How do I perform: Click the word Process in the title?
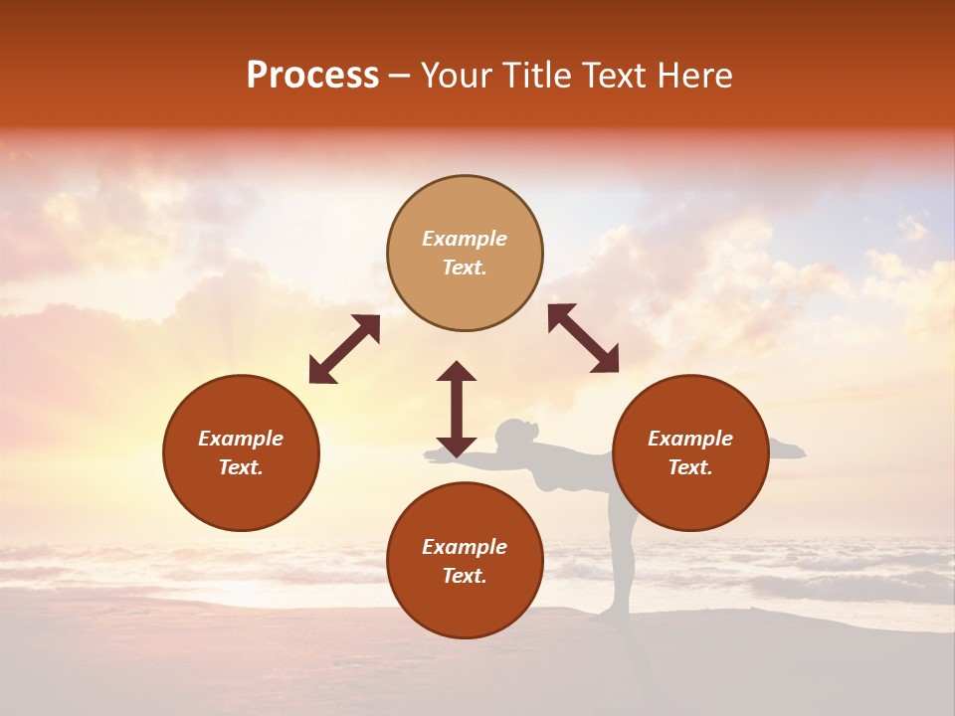[312, 76]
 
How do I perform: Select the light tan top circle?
[465, 253]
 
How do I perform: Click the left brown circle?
[241, 452]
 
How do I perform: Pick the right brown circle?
[689, 452]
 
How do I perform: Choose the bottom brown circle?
[465, 561]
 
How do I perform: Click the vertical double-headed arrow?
[457, 408]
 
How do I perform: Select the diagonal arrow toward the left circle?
[344, 349]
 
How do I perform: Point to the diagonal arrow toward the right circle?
[584, 338]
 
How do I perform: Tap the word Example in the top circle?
[465, 239]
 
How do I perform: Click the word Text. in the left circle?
[241, 467]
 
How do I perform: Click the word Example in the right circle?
[689, 439]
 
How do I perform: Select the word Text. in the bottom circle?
[465, 576]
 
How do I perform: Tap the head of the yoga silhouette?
[514, 434]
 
